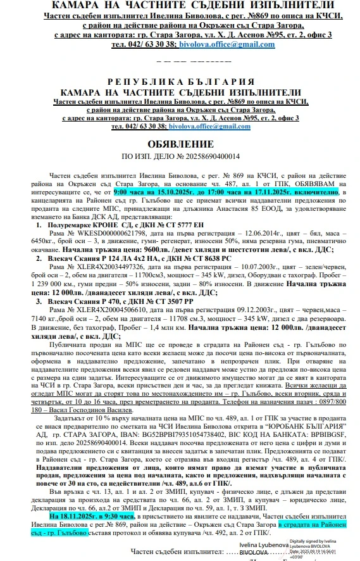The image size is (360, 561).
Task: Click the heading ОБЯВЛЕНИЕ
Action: pyautogui.click(x=180, y=144)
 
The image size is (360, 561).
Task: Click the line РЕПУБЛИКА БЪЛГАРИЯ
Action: pyautogui.click(x=180, y=82)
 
